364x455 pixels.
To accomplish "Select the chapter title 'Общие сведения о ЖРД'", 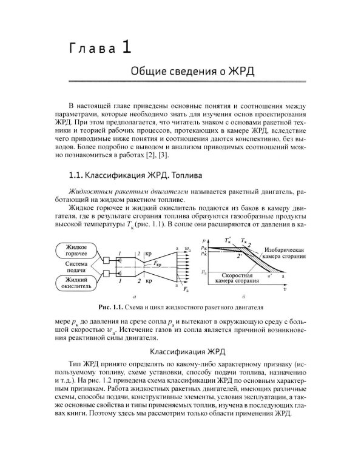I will coord(192,72).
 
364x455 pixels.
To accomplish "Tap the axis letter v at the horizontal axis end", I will coord(302,291).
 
